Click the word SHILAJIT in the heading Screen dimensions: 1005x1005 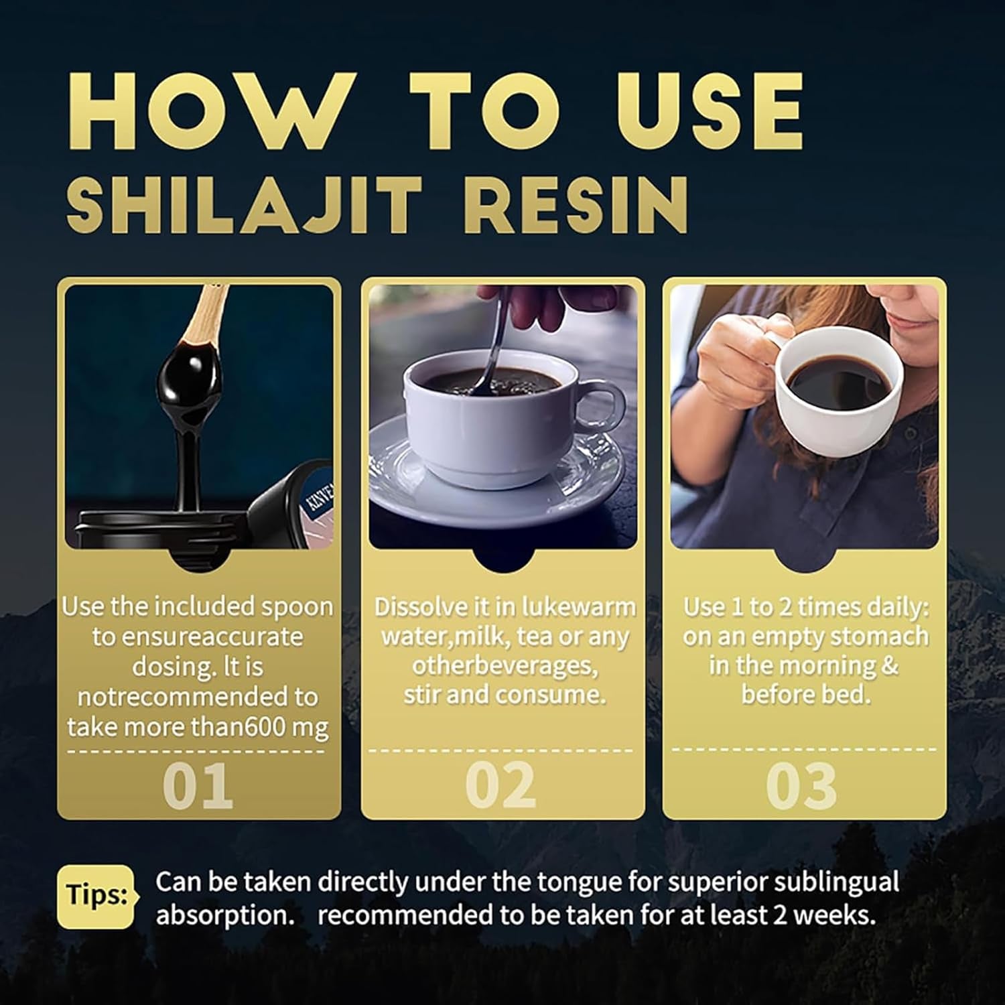(244, 205)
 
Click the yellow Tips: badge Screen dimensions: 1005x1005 (96, 896)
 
